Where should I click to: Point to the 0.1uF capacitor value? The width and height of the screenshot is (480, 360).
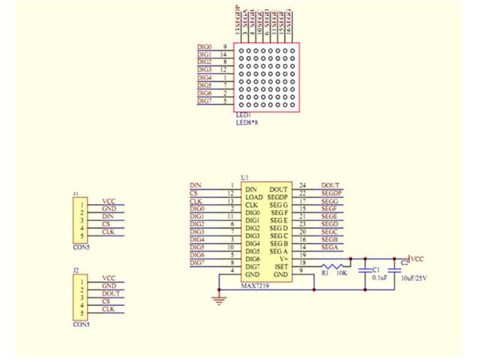pyautogui.click(x=380, y=277)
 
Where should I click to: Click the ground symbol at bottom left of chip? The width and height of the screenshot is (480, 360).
pyautogui.click(x=218, y=299)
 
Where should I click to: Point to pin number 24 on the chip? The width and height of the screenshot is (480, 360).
pyautogui.click(x=302, y=184)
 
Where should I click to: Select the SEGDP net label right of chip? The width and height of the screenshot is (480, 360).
pyautogui.click(x=331, y=192)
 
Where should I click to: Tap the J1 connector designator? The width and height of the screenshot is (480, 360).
pyautogui.click(x=76, y=193)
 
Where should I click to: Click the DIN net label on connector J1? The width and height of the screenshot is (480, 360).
pyautogui.click(x=108, y=217)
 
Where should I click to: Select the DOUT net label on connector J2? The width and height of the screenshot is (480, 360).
pyautogui.click(x=110, y=294)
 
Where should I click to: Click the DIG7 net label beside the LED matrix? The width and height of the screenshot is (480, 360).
pyautogui.click(x=204, y=100)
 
